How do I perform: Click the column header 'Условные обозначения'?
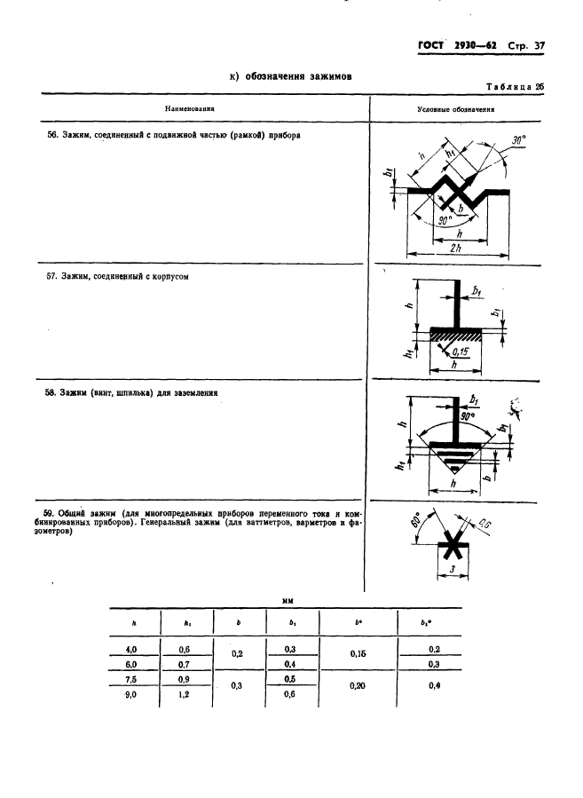pos(455,109)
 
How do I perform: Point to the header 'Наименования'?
pos(190,109)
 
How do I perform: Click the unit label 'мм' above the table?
pos(288,601)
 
